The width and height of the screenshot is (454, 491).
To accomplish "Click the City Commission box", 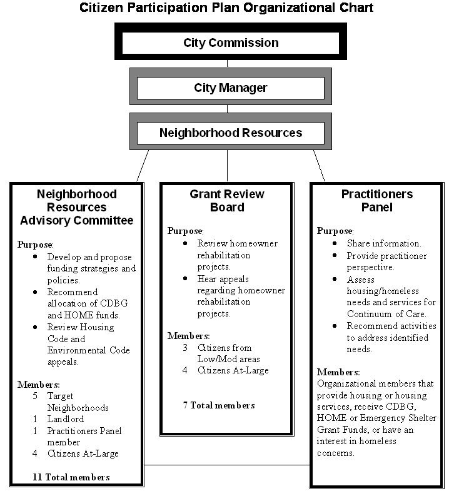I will pos(231,43).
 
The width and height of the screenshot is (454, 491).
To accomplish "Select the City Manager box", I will pos(231,88).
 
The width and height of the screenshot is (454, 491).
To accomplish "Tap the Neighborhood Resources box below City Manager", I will pos(231,133).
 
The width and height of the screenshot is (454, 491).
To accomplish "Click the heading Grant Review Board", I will pos(227,201).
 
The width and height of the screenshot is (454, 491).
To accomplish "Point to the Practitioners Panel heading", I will pos(376,201).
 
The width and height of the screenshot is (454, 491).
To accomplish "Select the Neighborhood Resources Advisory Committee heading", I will pos(76,207).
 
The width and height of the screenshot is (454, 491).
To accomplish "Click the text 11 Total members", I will pos(71,477).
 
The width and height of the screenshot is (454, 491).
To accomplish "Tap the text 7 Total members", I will pos(219,405).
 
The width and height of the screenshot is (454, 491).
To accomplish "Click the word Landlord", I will pos(65,419).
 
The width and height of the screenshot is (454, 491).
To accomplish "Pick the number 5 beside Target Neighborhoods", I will pos(36,396).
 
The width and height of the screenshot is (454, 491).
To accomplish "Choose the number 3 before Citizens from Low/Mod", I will pos(185,348).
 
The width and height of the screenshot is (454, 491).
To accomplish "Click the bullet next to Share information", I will pos(335,243).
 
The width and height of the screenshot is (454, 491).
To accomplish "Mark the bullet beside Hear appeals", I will pos(185,278).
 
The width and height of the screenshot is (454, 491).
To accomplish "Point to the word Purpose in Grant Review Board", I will pos(185,231).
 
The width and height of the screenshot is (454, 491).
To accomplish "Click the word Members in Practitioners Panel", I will pos(338,372).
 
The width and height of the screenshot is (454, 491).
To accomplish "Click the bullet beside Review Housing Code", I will pos(35,327).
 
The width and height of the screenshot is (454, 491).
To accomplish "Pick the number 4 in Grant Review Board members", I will pos(185,371).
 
